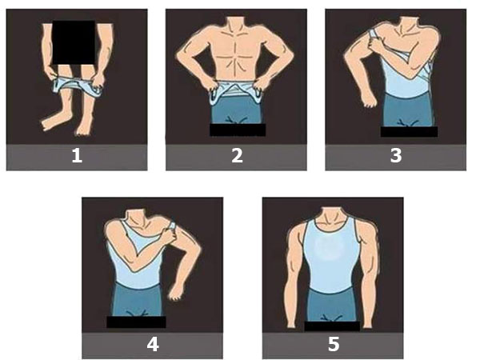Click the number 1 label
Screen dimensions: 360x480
[77, 156]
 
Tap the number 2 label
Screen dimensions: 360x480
[237, 156]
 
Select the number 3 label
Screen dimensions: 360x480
[395, 156]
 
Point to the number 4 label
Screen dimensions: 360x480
[152, 345]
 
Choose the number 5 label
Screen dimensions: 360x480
[333, 345]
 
